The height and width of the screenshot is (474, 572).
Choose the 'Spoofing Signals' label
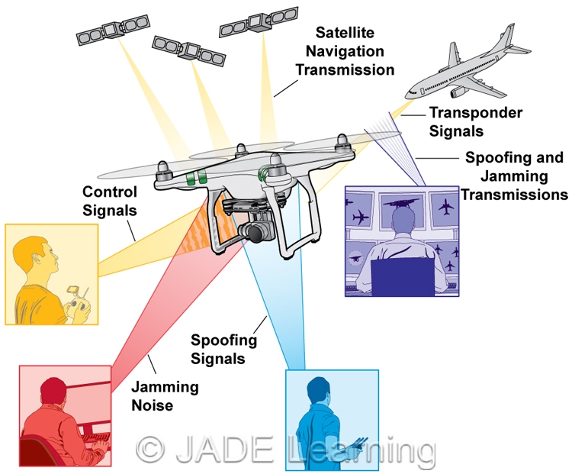click(x=223, y=349)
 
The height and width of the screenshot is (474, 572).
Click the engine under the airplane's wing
click(x=459, y=91)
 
